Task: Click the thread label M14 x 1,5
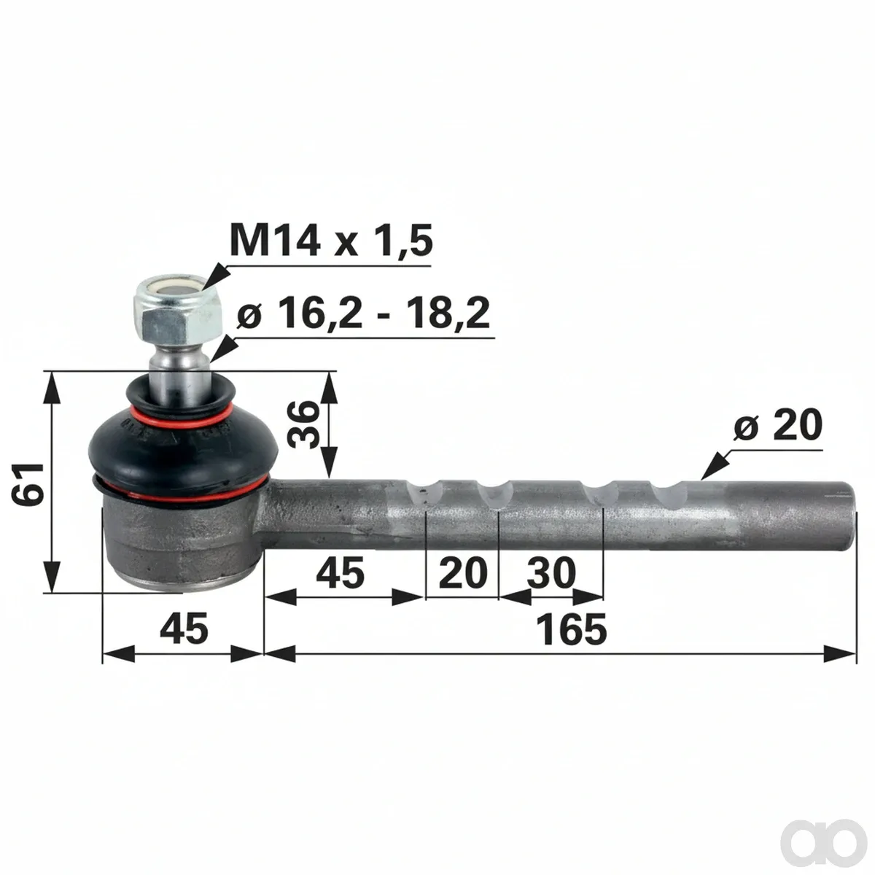click(x=331, y=240)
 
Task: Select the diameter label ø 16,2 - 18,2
click(x=363, y=314)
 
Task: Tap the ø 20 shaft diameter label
click(x=777, y=425)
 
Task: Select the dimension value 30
click(x=551, y=573)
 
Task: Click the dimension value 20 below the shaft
click(x=462, y=573)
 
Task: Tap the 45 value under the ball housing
click(x=184, y=629)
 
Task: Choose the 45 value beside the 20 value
click(x=340, y=573)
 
